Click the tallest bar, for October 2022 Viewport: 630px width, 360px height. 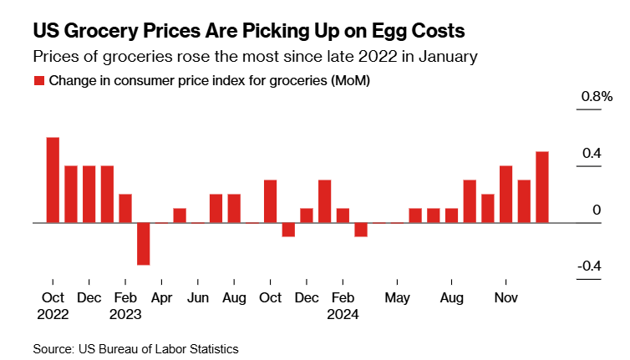coord(53,180)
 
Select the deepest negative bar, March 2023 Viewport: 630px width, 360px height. coord(144,244)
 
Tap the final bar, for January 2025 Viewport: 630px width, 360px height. coord(542,187)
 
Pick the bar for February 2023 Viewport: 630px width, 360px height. coord(125,208)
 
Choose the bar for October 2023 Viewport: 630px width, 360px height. coord(270,201)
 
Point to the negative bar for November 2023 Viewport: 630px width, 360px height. coord(288,230)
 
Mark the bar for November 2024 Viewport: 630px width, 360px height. coord(506,194)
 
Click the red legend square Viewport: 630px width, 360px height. coord(38,81)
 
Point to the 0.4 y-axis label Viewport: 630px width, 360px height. coord(592,154)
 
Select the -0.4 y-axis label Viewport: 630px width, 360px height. coord(590,266)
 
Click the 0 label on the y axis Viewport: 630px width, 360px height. coord(597,210)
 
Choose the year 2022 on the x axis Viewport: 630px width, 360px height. coord(53,315)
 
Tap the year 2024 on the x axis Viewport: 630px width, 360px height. coord(342,315)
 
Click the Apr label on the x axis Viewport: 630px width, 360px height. coord(161,298)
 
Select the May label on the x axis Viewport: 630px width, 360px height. coord(397,298)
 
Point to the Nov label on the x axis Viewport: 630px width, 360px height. coord(506,298)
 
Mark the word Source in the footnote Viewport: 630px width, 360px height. coord(53,348)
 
